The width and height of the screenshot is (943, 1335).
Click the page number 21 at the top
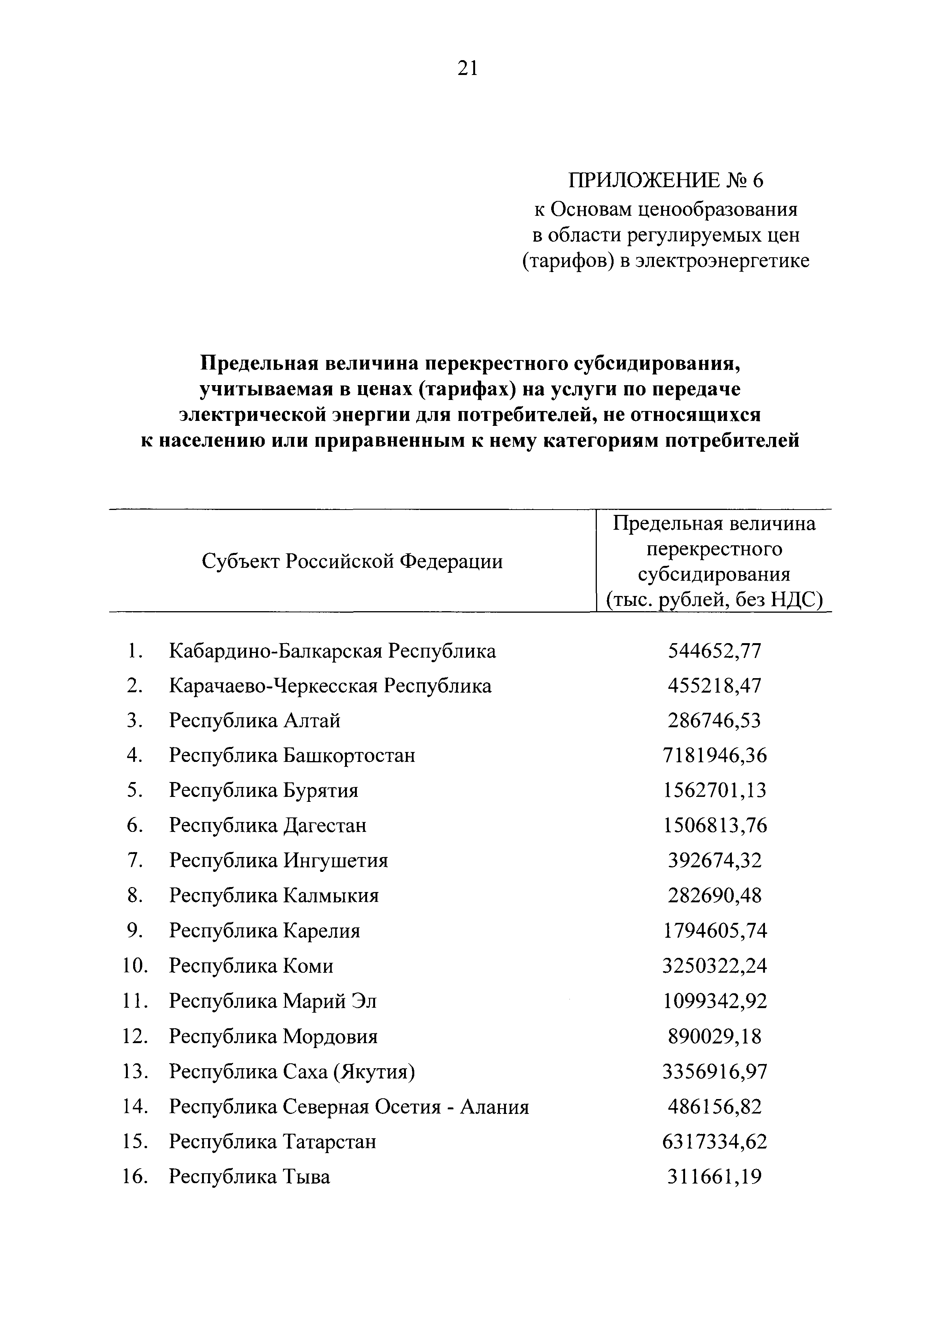click(468, 69)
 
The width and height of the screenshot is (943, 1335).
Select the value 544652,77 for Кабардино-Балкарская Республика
click(714, 651)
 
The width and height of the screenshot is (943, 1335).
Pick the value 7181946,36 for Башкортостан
click(714, 755)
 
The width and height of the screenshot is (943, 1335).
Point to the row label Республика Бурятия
click(263, 790)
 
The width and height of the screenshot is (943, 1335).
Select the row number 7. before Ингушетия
click(134, 860)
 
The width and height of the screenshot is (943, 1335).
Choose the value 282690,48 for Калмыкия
click(714, 895)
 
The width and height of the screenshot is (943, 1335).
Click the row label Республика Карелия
click(264, 931)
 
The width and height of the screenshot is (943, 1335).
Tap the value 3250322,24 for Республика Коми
click(714, 966)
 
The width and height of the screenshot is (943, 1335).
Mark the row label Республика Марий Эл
click(272, 1001)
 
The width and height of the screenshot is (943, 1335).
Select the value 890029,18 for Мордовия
click(714, 1037)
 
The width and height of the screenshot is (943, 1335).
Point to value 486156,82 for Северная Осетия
click(714, 1107)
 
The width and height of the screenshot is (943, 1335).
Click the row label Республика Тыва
click(249, 1177)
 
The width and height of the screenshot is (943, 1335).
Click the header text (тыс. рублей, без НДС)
click(714, 600)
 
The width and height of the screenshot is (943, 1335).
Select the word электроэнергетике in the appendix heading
click(722, 261)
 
